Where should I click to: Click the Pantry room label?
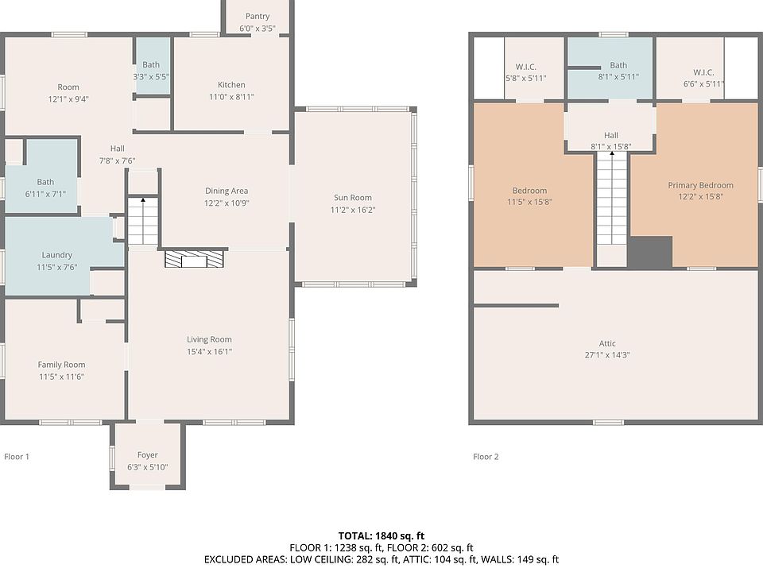258,17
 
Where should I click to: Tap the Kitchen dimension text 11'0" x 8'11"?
231,97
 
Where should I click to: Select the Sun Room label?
353,198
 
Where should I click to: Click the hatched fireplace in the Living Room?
194,259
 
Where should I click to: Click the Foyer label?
148,454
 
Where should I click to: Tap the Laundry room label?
57,255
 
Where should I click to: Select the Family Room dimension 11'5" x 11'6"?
62,377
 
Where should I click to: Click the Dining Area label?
227,191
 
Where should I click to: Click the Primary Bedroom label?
701,185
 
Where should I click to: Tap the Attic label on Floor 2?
607,343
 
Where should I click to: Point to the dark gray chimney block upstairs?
649,252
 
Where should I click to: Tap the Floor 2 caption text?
486,457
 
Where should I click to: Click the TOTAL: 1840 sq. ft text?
381,536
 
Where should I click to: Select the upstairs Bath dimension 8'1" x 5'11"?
618,77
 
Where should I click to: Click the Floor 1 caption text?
17,457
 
